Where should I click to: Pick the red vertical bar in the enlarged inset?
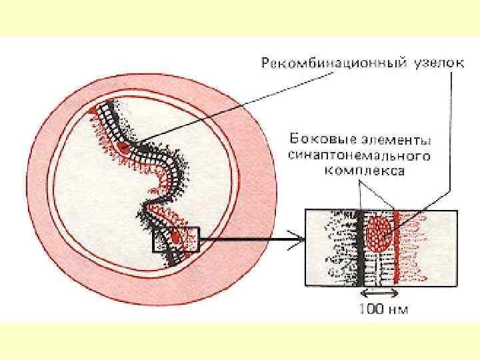pos(396,247)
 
